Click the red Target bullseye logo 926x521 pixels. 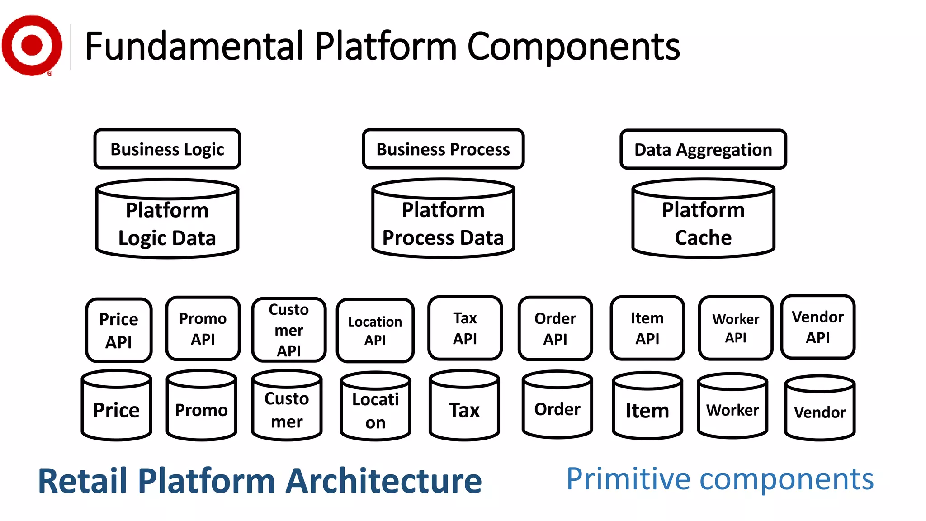[x=32, y=45]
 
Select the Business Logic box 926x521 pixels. [x=167, y=149]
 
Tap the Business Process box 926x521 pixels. [x=443, y=149]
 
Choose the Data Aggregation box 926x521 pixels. [x=703, y=149]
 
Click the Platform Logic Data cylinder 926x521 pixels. [x=167, y=224]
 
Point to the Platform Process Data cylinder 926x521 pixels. [x=443, y=224]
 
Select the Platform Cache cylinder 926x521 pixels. [x=703, y=224]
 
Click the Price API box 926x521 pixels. [x=119, y=330]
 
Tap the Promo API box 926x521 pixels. [x=203, y=329]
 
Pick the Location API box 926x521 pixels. [x=375, y=331]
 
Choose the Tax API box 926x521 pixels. [x=465, y=328]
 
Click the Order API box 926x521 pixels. [x=555, y=329]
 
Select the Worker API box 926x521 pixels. [x=736, y=328]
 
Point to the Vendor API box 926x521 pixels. [x=818, y=327]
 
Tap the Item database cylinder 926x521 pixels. [x=647, y=409]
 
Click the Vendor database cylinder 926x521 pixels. [x=820, y=411]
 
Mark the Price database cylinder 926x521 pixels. [x=117, y=409]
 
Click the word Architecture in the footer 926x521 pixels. [x=384, y=481]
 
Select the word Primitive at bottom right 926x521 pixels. [x=628, y=479]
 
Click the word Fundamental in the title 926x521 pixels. [x=194, y=46]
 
